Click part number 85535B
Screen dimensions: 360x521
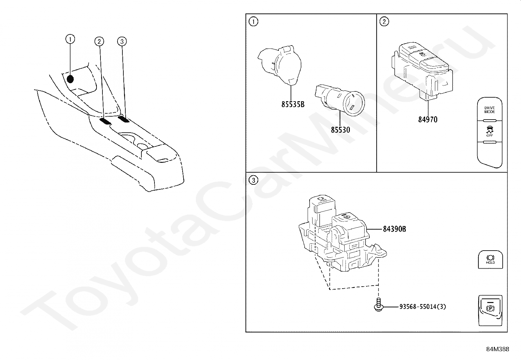293,104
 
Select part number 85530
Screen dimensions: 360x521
340,130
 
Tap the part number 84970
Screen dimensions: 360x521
428,120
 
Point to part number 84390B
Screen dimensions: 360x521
394,229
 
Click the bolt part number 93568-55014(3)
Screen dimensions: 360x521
422,307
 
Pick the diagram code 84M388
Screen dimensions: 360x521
497,349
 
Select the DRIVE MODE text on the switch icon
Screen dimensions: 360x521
490,110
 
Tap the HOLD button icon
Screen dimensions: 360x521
490,259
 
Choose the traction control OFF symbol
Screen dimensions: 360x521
490,131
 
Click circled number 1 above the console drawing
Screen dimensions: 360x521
70,39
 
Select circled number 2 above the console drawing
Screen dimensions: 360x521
99,41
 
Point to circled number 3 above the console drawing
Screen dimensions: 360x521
122,41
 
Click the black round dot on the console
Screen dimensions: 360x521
70,79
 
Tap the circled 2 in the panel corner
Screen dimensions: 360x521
384,22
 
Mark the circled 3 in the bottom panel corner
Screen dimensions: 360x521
253,180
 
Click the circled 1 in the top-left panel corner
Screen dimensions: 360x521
253,22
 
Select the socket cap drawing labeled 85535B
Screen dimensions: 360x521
281,65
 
